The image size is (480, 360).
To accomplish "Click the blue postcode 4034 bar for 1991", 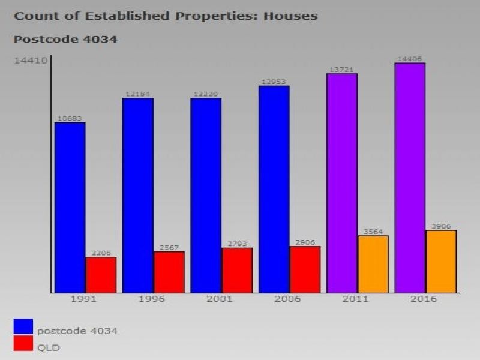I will [70, 208].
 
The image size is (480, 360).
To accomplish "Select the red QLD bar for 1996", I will [169, 272].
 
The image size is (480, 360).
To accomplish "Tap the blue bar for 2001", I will [206, 195].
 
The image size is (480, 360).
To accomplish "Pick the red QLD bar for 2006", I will [305, 269].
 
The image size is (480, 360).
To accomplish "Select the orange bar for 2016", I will [441, 262].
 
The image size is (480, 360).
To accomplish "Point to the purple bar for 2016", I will [410, 178].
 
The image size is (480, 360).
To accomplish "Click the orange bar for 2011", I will [373, 264].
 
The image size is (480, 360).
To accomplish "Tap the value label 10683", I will [70, 118].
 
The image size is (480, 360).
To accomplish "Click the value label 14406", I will [410, 59].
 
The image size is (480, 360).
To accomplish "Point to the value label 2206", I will [101, 253].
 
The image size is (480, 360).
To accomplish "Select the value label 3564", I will [373, 232].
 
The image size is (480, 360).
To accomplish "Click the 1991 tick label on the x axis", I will [83, 299].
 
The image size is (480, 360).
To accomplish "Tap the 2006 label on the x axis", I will [287, 299].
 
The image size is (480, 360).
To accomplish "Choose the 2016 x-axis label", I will [424, 299].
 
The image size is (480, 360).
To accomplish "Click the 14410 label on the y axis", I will [31, 60].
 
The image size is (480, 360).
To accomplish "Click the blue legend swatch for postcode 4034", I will [23, 326].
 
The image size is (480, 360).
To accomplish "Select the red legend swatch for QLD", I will [23, 343].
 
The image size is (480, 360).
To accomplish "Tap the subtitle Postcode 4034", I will [65, 40].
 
